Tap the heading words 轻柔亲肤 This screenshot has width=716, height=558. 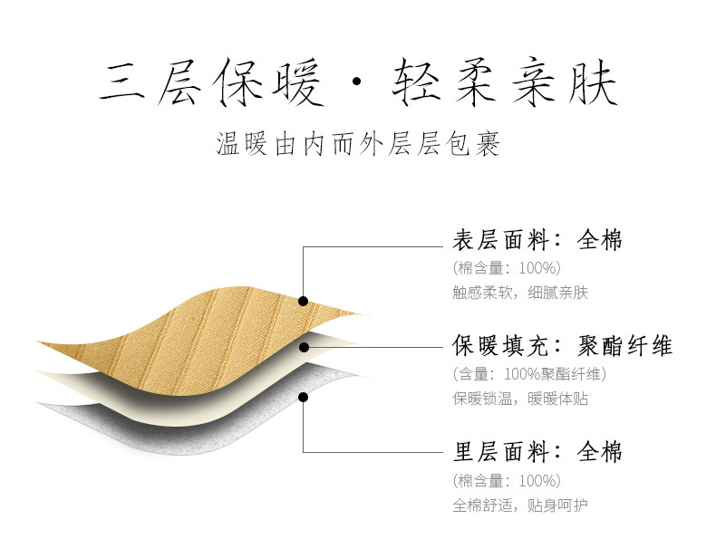pyautogui.click(x=503, y=86)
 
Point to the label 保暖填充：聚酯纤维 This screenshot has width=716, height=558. pyautogui.click(x=562, y=346)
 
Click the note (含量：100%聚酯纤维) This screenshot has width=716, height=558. pyautogui.click(x=528, y=373)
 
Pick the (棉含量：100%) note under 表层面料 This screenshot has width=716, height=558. pyautogui.click(x=507, y=267)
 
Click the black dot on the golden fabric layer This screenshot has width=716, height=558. pyautogui.click(x=304, y=300)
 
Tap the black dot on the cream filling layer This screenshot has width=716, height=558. pyautogui.click(x=304, y=345)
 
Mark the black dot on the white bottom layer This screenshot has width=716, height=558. pyautogui.click(x=304, y=396)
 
